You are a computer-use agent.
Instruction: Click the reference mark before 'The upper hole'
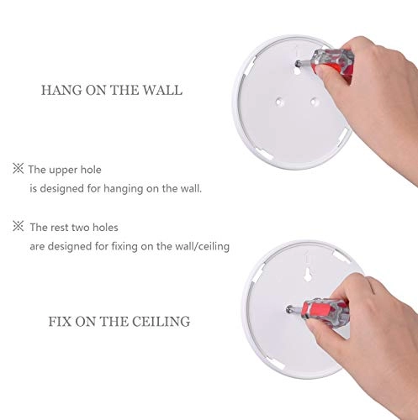click(19, 169)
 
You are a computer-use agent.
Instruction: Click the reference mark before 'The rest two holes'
click(19, 226)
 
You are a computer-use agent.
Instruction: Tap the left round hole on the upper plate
click(279, 102)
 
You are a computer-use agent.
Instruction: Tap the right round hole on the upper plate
click(315, 102)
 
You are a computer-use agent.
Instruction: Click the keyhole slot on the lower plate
click(308, 275)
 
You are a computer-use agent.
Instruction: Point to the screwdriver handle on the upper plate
click(332, 63)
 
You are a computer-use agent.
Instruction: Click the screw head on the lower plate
click(289, 309)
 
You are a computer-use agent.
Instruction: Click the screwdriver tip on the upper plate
click(298, 65)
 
